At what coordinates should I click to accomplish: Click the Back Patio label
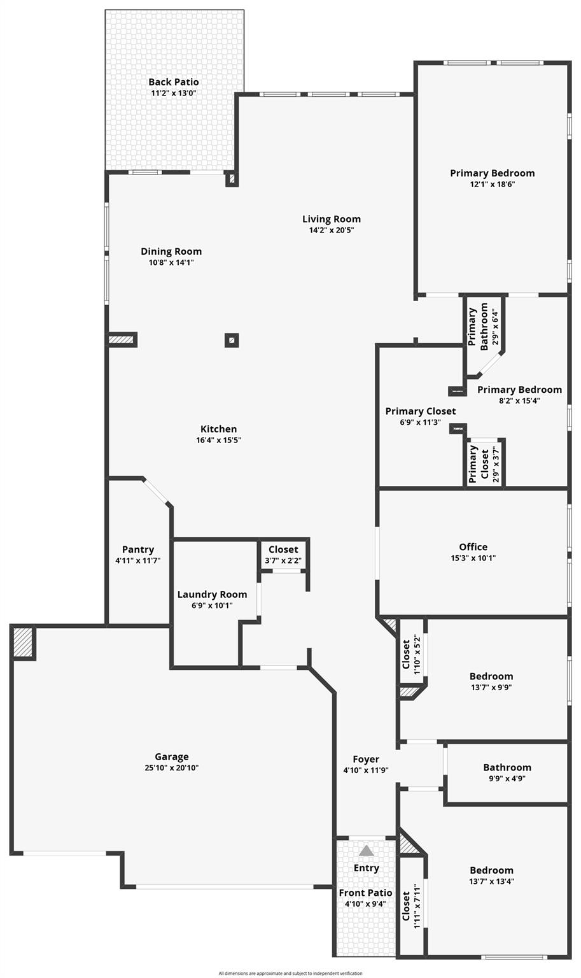point(173,82)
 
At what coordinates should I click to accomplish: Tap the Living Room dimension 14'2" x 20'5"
point(332,230)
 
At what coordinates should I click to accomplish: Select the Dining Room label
point(171,252)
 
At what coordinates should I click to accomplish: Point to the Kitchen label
point(218,429)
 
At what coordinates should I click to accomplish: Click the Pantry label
point(138,549)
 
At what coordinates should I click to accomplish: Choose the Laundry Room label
point(212,594)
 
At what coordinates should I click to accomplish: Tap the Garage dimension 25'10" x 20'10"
point(171,768)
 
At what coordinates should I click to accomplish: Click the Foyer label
point(366,759)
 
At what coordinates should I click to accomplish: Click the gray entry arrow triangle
point(366,851)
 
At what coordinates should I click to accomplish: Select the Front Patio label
point(365,893)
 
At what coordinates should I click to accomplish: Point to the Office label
point(473,547)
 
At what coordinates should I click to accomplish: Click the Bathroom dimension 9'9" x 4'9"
point(507,778)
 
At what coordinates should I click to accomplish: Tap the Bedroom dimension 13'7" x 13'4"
point(491,881)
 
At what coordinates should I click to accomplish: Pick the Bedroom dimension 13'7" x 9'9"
point(491,687)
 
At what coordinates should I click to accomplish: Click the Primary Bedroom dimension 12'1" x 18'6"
point(492,184)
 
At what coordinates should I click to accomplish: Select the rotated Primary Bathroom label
point(478,327)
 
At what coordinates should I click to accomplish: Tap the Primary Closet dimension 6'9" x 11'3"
point(420,422)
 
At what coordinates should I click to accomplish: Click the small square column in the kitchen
point(232,340)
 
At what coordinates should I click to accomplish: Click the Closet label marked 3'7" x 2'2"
point(283,549)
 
